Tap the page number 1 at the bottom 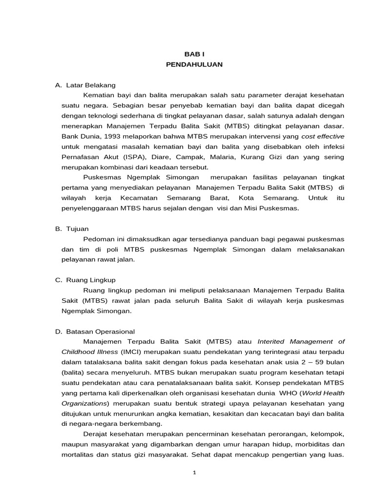point(193,473)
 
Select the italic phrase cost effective point(323,136)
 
